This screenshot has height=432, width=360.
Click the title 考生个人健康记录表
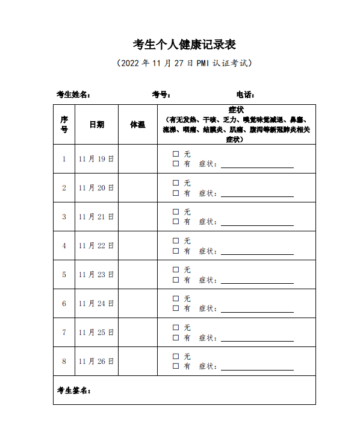[184, 45]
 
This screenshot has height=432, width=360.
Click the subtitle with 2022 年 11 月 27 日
[184, 63]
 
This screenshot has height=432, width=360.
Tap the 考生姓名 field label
[73, 95]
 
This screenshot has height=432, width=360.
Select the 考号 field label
[161, 95]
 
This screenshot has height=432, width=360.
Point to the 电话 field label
[246, 95]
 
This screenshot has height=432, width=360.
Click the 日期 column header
[96, 125]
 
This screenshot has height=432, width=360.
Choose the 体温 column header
[138, 125]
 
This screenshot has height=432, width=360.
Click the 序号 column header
[64, 125]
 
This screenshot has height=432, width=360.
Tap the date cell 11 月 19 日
[96, 159]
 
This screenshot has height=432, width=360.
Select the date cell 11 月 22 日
[96, 246]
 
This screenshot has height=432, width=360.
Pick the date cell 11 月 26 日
[96, 362]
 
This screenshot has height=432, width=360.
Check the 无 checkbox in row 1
[176, 154]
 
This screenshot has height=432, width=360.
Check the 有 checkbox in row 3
[176, 222]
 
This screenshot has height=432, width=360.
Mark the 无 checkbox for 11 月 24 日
[176, 299]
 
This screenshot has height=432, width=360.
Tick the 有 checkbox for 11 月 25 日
[176, 337]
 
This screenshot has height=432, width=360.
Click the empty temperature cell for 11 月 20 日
[138, 188]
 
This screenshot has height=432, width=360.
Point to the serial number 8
[64, 362]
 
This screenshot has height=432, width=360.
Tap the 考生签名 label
[73, 390]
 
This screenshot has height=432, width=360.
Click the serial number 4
[64, 246]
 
